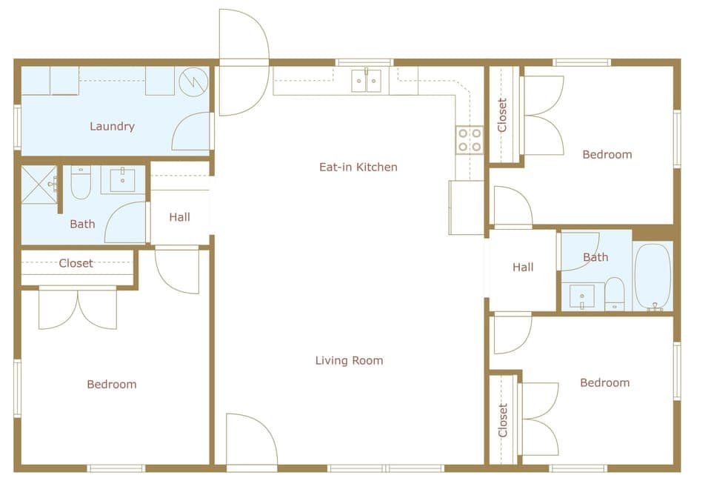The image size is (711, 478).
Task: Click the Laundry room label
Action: pyautogui.click(x=112, y=126)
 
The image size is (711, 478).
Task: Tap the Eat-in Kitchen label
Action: pyautogui.click(x=358, y=167)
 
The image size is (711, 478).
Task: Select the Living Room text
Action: pyautogui.click(x=349, y=361)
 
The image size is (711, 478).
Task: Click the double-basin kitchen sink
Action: pyautogui.click(x=366, y=80)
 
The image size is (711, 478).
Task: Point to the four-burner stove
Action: pyautogui.click(x=469, y=140)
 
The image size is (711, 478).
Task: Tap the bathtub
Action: pyautogui.click(x=652, y=276)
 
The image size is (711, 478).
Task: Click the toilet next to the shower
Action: pyautogui.click(x=81, y=182)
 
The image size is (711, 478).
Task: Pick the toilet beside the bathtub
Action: pyautogui.click(x=614, y=294)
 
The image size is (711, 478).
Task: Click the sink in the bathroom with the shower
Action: pyautogui.click(x=122, y=179)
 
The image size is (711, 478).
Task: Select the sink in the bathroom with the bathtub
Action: pyautogui.click(x=582, y=296)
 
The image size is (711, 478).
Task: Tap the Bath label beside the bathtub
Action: pyautogui.click(x=595, y=257)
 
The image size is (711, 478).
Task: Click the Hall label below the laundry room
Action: pyautogui.click(x=179, y=217)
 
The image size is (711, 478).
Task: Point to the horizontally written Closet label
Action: pyautogui.click(x=76, y=263)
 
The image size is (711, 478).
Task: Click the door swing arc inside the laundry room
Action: pyautogui.click(x=191, y=132)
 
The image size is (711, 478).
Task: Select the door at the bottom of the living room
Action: pyautogui.click(x=251, y=442)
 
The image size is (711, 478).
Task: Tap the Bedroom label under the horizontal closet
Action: pyautogui.click(x=112, y=384)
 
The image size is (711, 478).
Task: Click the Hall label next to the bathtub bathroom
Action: pyautogui.click(x=523, y=267)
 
